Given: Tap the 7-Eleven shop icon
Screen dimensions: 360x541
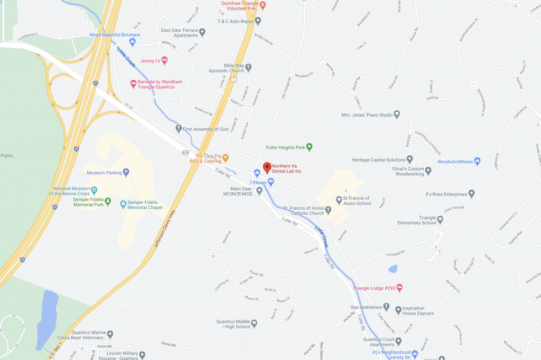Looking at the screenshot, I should tap(271, 182).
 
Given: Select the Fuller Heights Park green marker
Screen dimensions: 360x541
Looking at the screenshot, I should tap(310, 147).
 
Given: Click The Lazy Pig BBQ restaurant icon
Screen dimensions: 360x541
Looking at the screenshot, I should tap(225, 157).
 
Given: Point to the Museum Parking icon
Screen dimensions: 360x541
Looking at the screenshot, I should tap(126, 172).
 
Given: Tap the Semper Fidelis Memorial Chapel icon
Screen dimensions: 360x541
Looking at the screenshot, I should tap(123, 203).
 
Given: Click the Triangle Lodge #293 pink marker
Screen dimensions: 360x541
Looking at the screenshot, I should tap(399, 288).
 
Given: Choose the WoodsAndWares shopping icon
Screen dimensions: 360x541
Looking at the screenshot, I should tap(477, 161).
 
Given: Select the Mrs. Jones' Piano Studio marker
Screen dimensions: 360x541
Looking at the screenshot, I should tap(397, 114).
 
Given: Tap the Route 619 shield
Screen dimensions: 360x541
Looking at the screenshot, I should tap(185, 152).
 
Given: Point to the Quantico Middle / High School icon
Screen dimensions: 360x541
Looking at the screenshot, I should tap(254, 323).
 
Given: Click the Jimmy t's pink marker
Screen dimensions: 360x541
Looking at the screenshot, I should tap(164, 61).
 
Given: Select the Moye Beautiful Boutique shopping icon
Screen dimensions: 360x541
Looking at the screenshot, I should tap(133, 41).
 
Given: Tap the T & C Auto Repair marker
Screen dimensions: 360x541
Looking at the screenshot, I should tap(258, 21).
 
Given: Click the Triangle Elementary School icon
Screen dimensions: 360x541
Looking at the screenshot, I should tap(440, 219).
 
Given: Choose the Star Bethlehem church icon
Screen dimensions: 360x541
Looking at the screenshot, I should tap(386, 307).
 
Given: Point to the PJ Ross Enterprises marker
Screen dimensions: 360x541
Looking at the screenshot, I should tap(472, 194).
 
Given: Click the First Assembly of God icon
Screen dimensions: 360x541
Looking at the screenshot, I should tap(179, 129).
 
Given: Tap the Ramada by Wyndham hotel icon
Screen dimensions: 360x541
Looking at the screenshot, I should tap(133, 83).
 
